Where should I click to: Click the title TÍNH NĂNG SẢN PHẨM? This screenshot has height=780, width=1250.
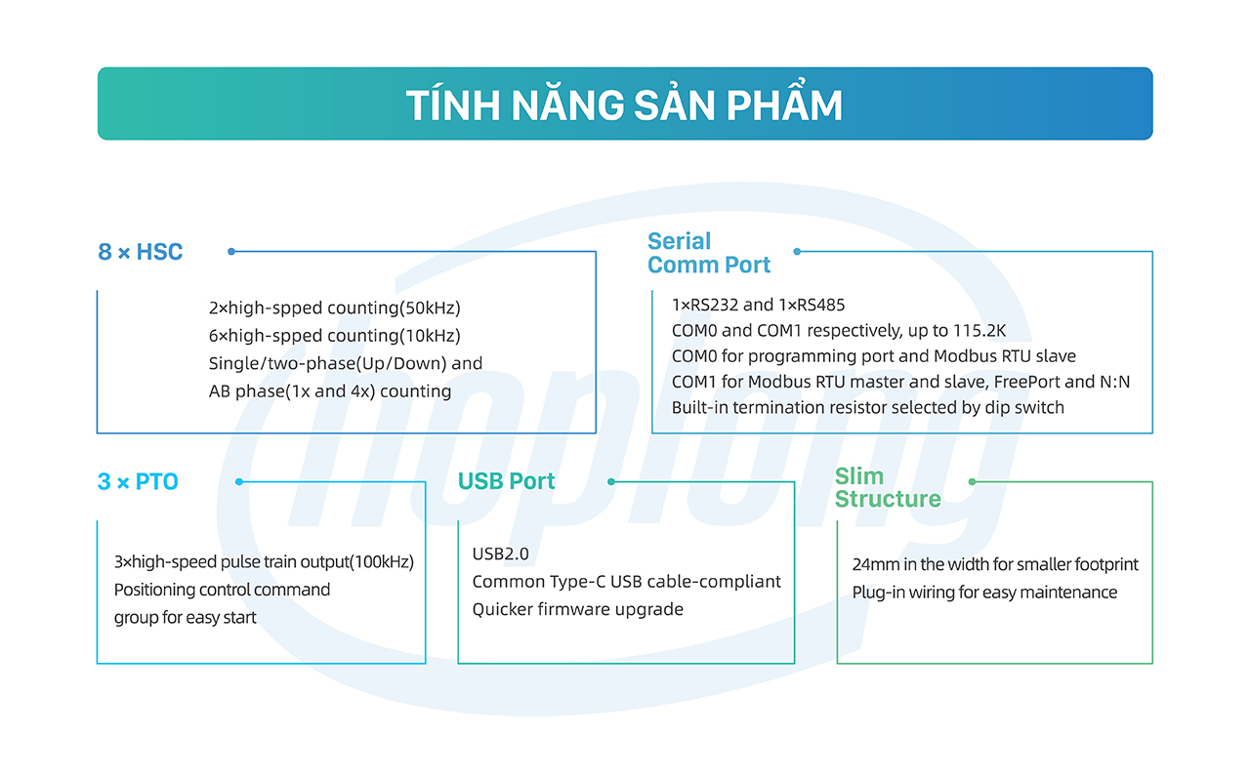click(x=624, y=105)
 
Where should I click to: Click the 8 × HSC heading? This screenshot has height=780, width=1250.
click(x=141, y=252)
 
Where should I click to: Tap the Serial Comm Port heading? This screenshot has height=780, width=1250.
click(x=709, y=253)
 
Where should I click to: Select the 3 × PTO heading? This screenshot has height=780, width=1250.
click(x=138, y=481)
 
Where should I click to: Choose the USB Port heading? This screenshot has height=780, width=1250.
click(x=506, y=481)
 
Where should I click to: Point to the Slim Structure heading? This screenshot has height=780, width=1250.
click(x=888, y=487)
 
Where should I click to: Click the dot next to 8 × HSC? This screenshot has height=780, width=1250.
click(x=231, y=252)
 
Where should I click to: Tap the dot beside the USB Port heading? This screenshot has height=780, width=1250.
click(x=611, y=481)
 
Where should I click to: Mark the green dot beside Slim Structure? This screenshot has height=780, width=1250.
click(x=972, y=481)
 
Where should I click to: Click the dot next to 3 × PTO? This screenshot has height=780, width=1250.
click(x=239, y=481)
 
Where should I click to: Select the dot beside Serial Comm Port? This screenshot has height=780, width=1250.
click(x=798, y=252)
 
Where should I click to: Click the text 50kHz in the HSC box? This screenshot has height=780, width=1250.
click(x=429, y=308)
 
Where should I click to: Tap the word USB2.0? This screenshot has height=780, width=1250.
click(x=500, y=554)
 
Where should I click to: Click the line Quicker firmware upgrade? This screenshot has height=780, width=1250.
click(x=578, y=609)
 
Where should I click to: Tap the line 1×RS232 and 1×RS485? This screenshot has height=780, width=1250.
click(x=759, y=306)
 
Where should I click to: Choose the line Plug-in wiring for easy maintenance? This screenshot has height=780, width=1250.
click(x=984, y=593)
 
